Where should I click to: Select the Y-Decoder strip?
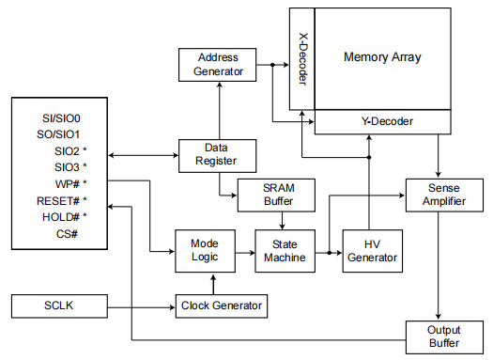[387, 121]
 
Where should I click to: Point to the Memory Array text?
[382, 57]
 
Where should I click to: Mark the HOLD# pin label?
[62, 216]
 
